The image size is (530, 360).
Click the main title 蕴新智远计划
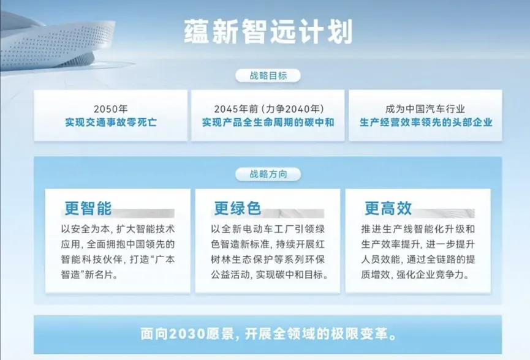click(268, 32)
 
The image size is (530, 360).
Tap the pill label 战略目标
click(268, 76)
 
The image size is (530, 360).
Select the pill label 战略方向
click(268, 174)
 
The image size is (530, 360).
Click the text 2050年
click(110, 109)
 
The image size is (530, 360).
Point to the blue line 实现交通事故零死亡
click(111, 122)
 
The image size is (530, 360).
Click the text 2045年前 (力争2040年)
click(268, 109)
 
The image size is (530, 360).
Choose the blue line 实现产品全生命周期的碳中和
click(268, 122)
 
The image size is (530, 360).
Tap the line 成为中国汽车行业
click(425, 109)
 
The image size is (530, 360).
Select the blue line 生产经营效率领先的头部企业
click(426, 122)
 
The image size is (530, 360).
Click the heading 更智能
click(88, 208)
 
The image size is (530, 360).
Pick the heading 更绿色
click(238, 208)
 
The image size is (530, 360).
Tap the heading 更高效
click(388, 208)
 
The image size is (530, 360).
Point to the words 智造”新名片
click(89, 274)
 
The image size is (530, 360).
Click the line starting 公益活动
click(270, 274)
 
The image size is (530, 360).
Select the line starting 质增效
click(415, 274)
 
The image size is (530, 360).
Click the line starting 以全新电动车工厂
click(268, 229)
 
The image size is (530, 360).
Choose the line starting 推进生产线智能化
click(418, 229)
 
